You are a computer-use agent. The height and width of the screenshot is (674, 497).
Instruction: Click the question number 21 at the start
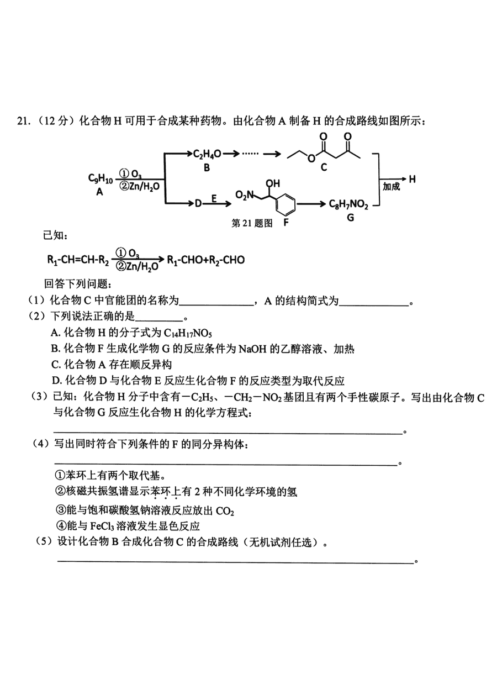pyautogui.click(x=23, y=121)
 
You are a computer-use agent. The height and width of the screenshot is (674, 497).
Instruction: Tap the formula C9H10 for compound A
pyautogui.click(x=101, y=178)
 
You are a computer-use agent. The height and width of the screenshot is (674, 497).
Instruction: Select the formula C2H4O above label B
pyautogui.click(x=207, y=155)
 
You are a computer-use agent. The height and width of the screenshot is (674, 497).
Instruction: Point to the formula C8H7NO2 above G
pyautogui.click(x=348, y=204)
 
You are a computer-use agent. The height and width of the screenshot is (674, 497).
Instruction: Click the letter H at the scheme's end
pyautogui.click(x=412, y=180)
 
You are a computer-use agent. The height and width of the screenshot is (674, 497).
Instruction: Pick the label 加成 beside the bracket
pyautogui.click(x=391, y=187)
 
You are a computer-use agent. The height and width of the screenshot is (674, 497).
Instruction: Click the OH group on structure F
pyautogui.click(x=273, y=183)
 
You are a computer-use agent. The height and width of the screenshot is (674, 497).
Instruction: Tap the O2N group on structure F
pyautogui.click(x=245, y=195)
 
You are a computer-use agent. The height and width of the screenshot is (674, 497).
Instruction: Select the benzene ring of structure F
pyautogui.click(x=285, y=204)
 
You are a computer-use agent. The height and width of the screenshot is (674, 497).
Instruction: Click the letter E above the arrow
pyautogui.click(x=214, y=198)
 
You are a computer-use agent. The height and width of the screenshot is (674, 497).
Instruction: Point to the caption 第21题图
pyautogui.click(x=252, y=223)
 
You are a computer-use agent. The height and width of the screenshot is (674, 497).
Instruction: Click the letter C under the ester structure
pyautogui.click(x=324, y=167)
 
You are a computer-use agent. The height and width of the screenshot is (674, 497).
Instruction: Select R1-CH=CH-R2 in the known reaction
pyautogui.click(x=78, y=260)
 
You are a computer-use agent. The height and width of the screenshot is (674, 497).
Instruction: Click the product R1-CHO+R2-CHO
pyautogui.click(x=206, y=260)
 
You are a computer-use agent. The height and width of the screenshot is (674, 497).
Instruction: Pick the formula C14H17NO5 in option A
pyautogui.click(x=188, y=333)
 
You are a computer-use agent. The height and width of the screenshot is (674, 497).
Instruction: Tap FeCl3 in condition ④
pyautogui.click(x=102, y=526)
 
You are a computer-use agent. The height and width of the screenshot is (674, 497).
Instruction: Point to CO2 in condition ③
pyautogui.click(x=225, y=511)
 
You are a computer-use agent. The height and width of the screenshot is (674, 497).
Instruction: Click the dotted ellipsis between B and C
pyautogui.click(x=250, y=154)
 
